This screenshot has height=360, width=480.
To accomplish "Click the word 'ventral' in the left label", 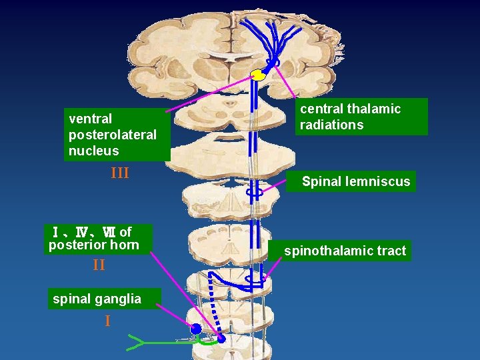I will [90, 119].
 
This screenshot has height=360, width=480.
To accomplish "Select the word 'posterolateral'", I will [112, 135].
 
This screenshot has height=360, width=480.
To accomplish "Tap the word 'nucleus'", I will [93, 151].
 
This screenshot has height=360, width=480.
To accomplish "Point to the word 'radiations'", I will [331, 125].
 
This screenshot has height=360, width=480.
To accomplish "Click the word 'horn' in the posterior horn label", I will [125, 245].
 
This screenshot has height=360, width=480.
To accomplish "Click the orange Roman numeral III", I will [120, 173].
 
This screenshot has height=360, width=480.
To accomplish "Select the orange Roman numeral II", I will [99, 265].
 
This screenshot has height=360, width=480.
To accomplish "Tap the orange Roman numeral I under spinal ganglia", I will [107, 321].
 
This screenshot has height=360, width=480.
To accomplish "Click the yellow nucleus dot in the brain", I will [258, 75].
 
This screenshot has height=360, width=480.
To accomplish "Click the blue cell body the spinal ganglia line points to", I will [195, 329].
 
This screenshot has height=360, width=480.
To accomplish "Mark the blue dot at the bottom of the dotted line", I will [221, 338].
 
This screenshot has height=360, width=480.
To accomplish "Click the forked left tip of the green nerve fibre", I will [133, 343].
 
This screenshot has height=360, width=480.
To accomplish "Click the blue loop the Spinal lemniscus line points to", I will [254, 192].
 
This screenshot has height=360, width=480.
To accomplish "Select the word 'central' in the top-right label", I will [323, 109].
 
